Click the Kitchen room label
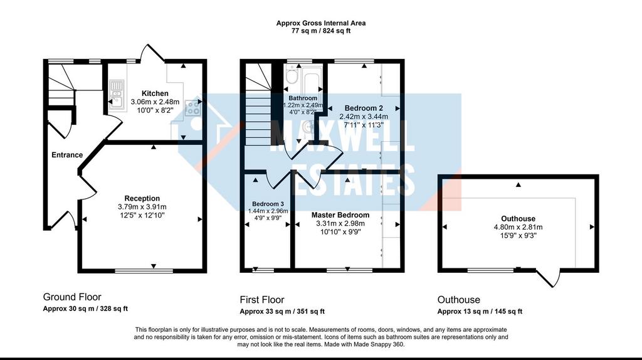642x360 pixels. pos(155,93)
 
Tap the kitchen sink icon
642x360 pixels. pos(117,94)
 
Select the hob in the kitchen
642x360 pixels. pos(192,108)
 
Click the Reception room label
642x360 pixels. pos(142,198)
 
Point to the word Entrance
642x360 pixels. pos(67,155)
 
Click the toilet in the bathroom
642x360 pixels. pos(292,75)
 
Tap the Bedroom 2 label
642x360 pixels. pos(364,108)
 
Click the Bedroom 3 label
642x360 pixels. pos(268,204)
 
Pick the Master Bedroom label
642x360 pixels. pos(340,215)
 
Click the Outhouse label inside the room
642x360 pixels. pos(518,219)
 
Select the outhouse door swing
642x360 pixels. pos(549,278)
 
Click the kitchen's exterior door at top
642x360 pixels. pos(152,53)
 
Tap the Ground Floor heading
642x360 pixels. pos(72,297)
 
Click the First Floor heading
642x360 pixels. pos(262,300)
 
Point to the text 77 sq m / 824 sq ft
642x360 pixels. pos(320,31)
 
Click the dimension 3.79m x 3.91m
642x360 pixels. pos(142,207)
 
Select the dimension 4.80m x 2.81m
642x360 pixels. pos(518,227)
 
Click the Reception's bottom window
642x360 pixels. pos(144,271)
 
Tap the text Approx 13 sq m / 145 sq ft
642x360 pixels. pos(480,311)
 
